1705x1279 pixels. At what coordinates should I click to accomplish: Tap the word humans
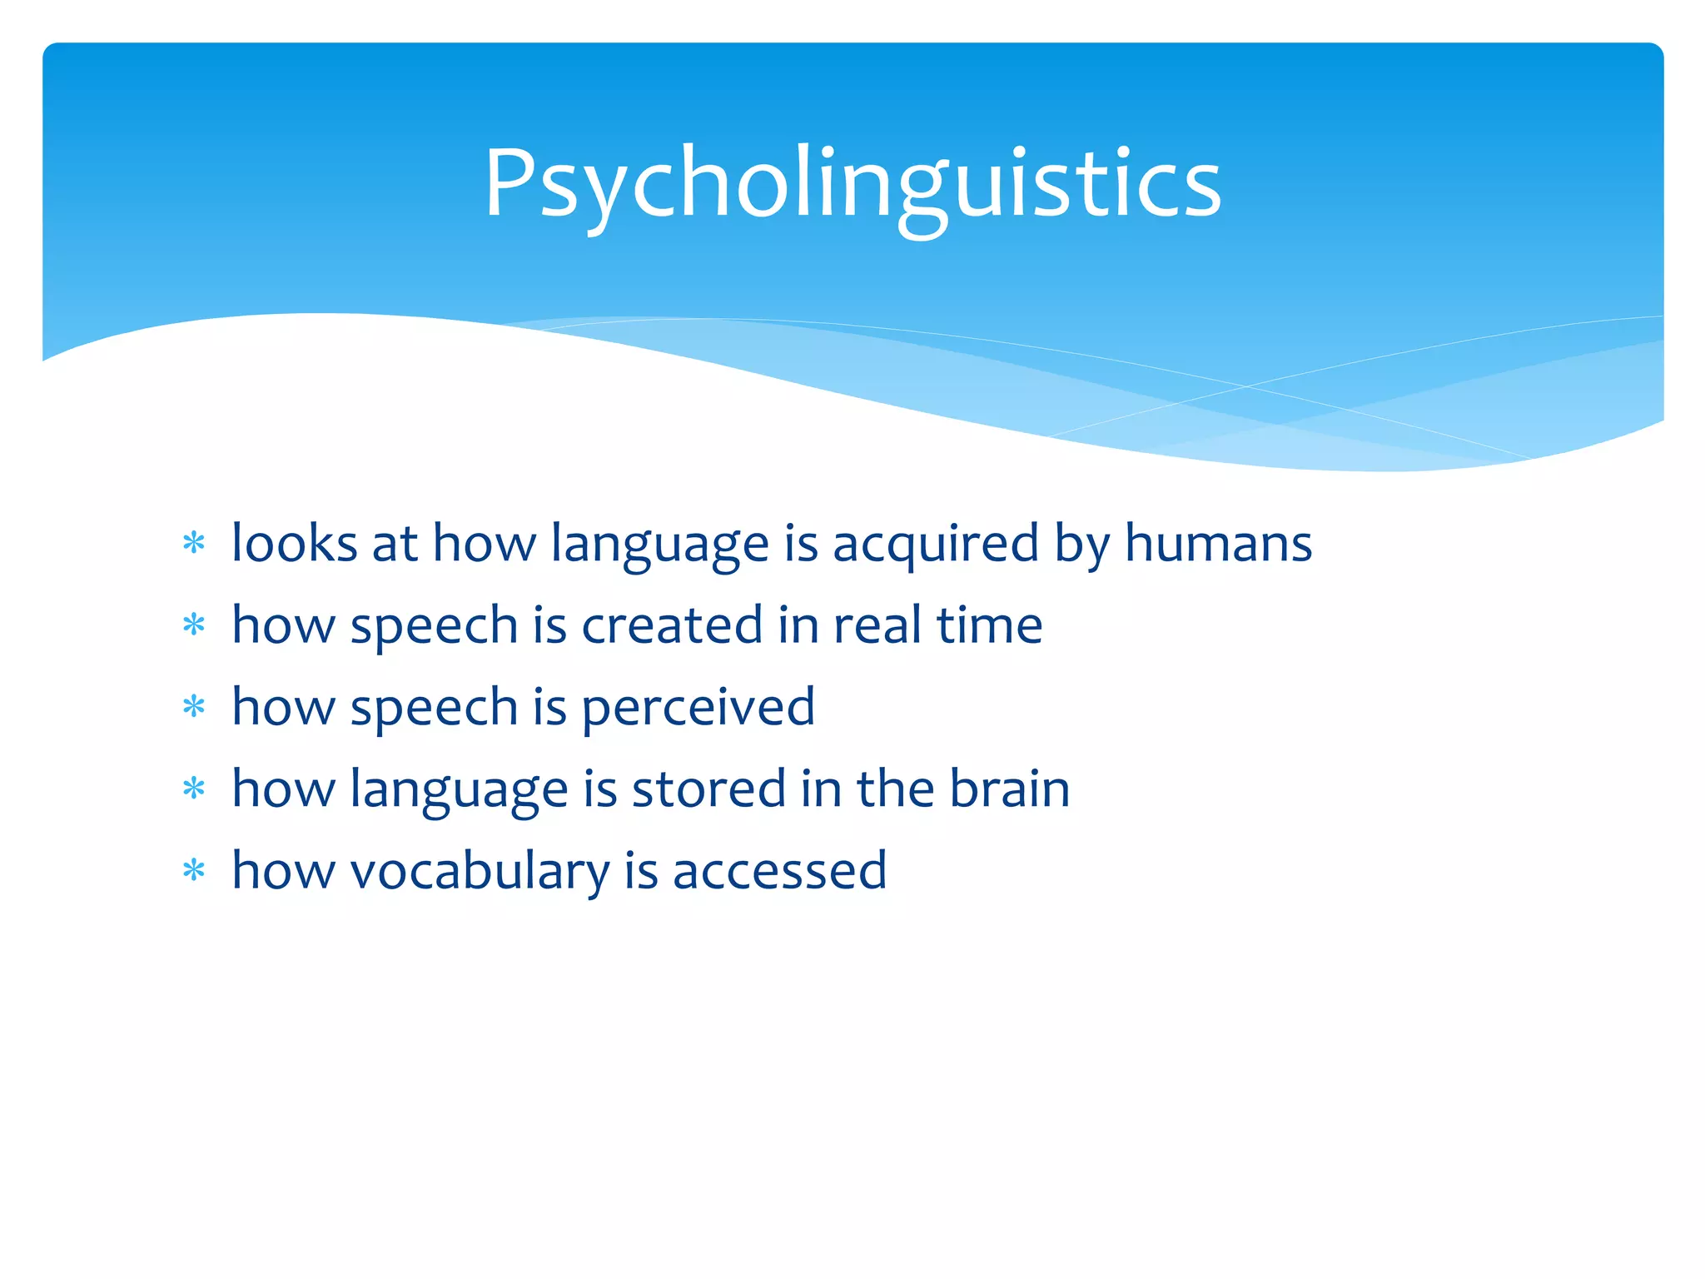click(1218, 544)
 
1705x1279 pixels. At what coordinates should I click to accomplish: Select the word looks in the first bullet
click(295, 544)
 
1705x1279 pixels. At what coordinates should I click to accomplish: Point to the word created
click(672, 625)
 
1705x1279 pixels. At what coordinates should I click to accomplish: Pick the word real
click(877, 625)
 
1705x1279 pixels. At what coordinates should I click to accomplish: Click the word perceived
click(698, 708)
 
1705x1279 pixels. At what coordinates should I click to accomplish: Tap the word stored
click(708, 789)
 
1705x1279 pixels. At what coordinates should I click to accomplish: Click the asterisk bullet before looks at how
click(194, 544)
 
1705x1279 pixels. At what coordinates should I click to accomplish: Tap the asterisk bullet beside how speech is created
click(194, 625)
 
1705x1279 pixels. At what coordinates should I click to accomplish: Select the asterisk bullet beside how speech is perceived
click(194, 707)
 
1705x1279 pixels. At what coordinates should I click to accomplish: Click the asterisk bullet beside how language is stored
click(194, 788)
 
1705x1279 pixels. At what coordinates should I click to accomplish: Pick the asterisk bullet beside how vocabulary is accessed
click(194, 871)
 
